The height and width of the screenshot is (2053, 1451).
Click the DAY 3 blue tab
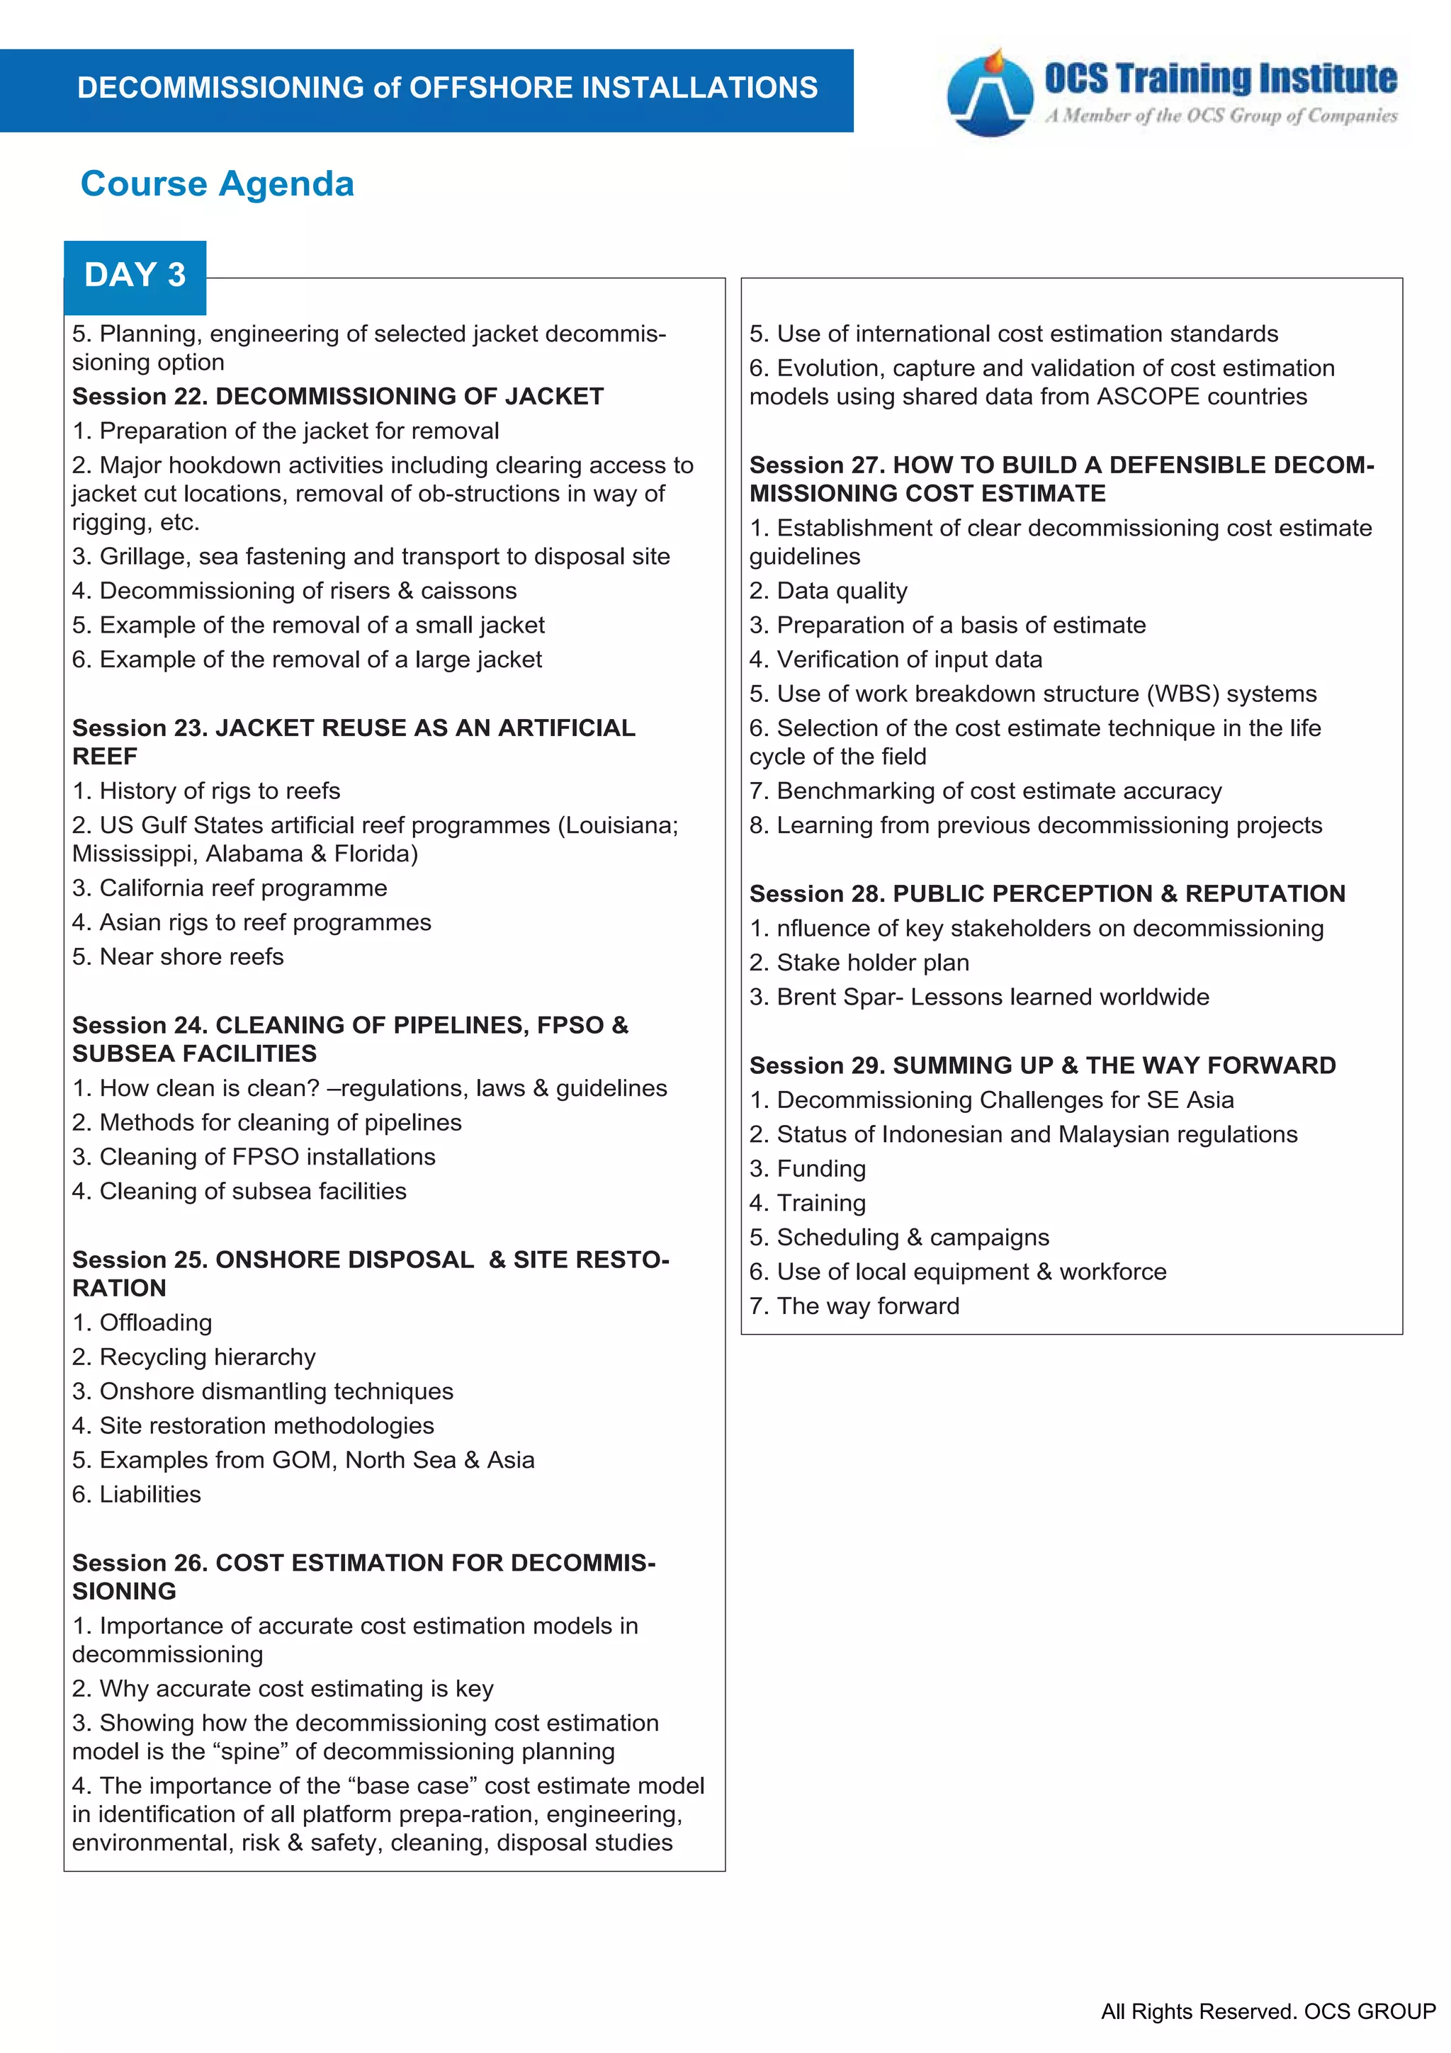135,276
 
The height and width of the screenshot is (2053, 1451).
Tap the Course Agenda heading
218,184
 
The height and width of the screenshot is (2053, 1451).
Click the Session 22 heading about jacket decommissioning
338,396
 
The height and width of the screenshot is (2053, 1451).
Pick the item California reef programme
230,888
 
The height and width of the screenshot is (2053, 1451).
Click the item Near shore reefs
178,957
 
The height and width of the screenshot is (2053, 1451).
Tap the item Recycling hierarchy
194,1357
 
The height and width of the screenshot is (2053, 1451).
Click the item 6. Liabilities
137,1494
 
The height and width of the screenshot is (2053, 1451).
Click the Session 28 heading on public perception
1046,893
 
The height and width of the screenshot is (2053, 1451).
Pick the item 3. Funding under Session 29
807,1169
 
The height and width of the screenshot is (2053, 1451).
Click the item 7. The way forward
854,1306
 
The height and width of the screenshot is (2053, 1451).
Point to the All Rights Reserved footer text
1267,2012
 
